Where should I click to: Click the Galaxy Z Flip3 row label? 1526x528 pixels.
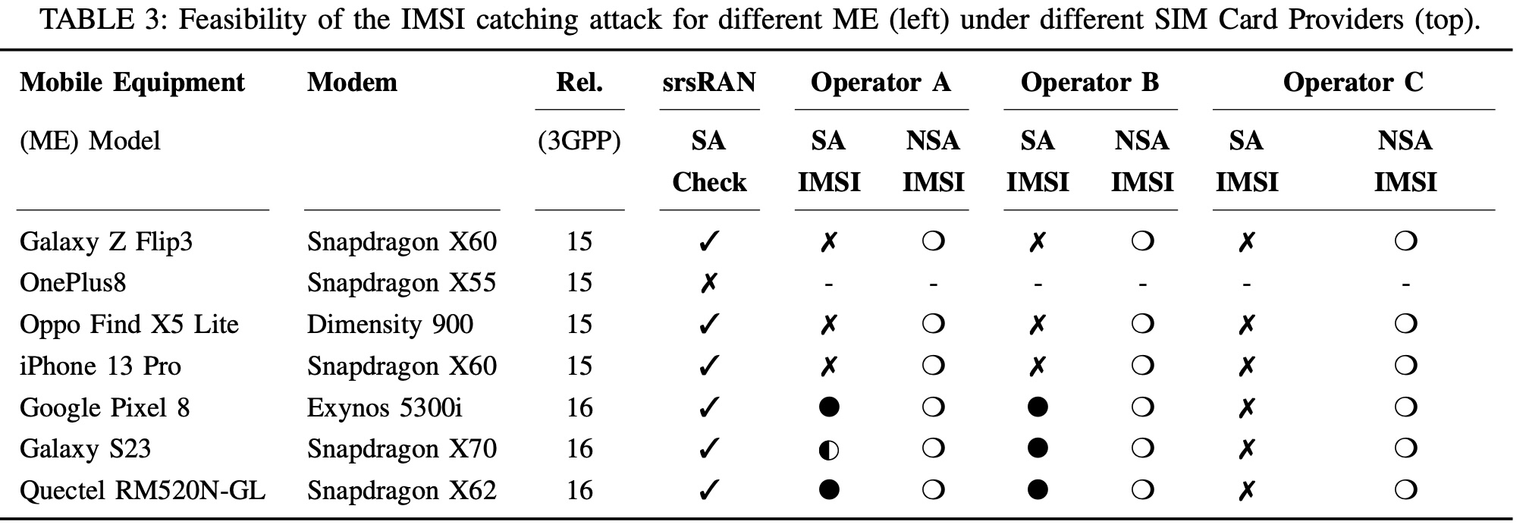[x=106, y=241]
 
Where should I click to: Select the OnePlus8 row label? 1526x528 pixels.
[x=73, y=282]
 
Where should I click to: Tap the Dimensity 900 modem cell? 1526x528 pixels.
[x=390, y=325]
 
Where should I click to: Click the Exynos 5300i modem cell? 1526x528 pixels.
[x=385, y=407]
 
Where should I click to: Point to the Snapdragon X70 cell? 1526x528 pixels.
[x=402, y=448]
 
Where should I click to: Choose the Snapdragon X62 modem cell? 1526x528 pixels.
[x=402, y=490]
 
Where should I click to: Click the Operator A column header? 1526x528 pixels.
[x=881, y=82]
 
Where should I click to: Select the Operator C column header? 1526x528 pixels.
[x=1353, y=82]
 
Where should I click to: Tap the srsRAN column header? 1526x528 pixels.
[x=709, y=82]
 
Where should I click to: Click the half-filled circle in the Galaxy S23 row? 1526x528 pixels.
[x=829, y=449]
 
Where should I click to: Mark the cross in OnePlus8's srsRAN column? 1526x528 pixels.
[x=708, y=283]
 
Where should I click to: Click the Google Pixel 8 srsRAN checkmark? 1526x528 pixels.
[x=708, y=407]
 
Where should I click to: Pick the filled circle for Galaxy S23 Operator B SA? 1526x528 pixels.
[x=1038, y=448]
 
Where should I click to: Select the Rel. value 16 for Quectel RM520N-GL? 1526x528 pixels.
[x=579, y=490]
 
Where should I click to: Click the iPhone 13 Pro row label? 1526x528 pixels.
[x=100, y=366]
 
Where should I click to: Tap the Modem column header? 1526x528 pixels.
[x=352, y=82]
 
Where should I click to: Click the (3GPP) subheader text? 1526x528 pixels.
[x=579, y=141]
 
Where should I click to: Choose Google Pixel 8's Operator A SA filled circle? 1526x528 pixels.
[x=829, y=407]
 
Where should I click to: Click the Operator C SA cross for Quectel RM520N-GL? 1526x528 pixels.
[x=1246, y=491]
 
